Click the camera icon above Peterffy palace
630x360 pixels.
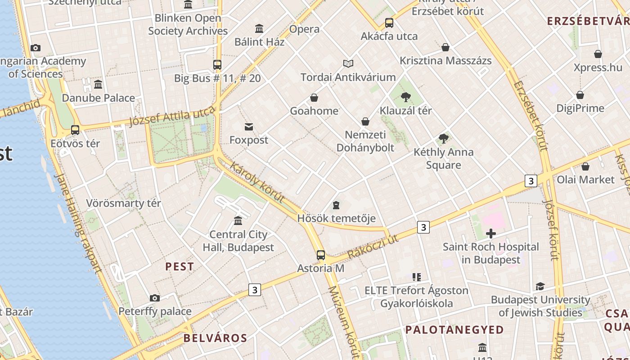(155, 298)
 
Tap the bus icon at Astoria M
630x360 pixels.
(321, 255)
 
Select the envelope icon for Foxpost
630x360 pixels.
(249, 127)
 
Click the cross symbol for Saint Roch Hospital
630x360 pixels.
(491, 233)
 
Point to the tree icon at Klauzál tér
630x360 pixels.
(405, 97)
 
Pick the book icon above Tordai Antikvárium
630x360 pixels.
(348, 63)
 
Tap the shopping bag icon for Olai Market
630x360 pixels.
(585, 166)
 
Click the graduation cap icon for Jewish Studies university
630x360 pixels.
(540, 286)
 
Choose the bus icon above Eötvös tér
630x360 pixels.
(75, 130)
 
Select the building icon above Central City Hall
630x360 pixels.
(238, 220)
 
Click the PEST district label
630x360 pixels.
(180, 266)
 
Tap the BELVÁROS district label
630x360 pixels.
(216, 338)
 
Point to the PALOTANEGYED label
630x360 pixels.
(454, 330)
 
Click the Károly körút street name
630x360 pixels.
(257, 182)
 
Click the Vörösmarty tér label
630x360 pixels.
(123, 203)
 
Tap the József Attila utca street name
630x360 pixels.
(172, 117)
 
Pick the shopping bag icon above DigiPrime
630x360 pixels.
(580, 95)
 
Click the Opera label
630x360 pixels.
(304, 29)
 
